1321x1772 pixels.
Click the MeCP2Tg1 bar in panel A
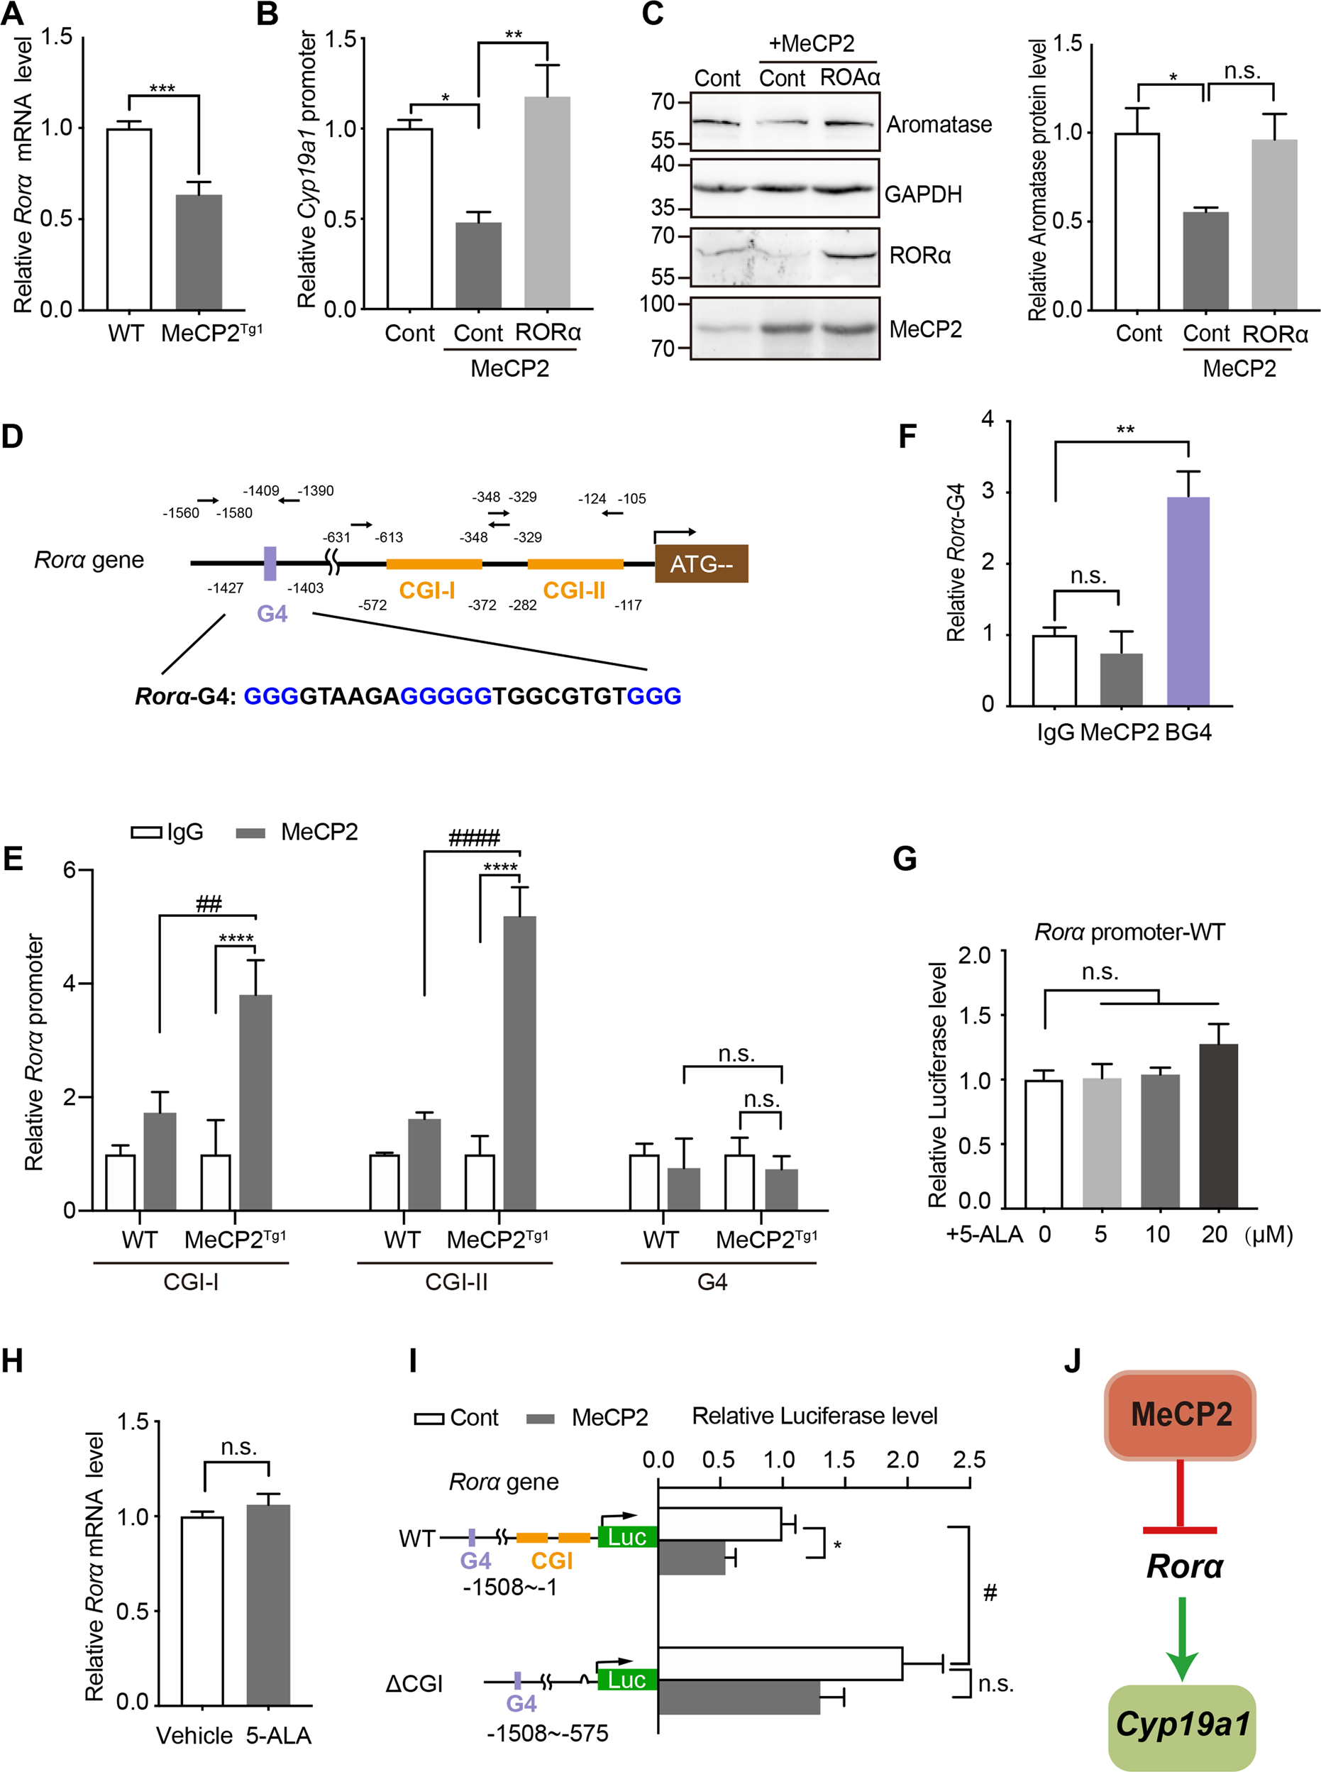coord(199,252)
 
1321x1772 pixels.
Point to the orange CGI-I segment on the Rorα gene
coord(433,563)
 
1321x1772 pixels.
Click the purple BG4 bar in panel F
coord(1188,600)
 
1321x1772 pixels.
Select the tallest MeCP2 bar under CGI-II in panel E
coord(520,1063)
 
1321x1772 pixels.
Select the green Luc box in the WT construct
coord(627,1537)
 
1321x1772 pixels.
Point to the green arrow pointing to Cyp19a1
coord(1182,1639)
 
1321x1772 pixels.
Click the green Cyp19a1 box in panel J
coord(1182,1727)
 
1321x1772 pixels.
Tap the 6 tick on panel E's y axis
coord(70,869)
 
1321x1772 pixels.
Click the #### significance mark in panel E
coord(473,838)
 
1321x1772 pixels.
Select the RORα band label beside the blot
coord(919,256)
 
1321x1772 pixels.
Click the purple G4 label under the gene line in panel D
coord(272,613)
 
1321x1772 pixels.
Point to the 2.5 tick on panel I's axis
coord(969,1460)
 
